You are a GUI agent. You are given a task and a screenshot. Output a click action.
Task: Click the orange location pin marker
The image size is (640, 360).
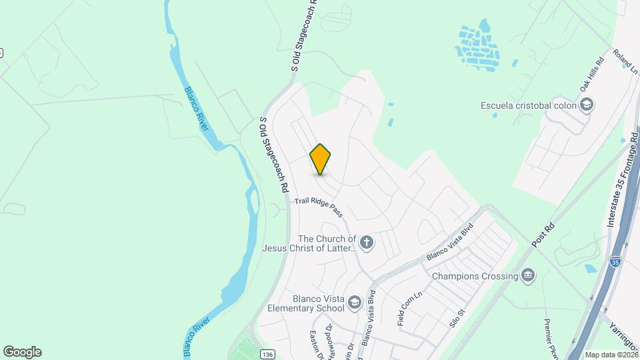321,159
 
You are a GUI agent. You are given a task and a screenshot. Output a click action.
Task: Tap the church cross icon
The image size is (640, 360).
366,241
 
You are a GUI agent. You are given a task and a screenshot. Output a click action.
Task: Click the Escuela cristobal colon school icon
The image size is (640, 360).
586,105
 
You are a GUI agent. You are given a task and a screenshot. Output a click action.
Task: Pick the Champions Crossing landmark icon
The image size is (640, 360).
529,275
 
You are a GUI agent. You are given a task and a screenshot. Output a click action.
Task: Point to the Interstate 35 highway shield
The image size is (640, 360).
615,261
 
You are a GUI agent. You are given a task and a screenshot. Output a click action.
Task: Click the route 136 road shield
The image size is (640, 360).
267,353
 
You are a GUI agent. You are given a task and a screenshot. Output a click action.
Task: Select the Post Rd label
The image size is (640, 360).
544,237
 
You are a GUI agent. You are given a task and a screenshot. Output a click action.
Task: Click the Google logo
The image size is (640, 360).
22,351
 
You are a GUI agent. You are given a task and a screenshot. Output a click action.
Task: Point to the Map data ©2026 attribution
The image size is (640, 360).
611,355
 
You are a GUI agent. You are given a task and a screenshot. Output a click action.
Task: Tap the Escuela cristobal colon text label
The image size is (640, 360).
527,105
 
